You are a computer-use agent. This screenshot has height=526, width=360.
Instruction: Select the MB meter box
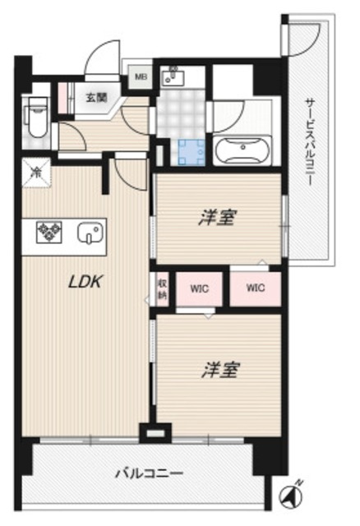tap(141, 80)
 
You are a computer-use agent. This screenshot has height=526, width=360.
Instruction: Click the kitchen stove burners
tap(48, 233)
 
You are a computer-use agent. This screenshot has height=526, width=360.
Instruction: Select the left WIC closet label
tap(200, 289)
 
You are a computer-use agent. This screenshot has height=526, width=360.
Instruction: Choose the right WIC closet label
tap(254, 288)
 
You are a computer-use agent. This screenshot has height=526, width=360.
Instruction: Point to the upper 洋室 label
tap(219, 219)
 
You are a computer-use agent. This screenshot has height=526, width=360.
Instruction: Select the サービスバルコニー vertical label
tap(310, 140)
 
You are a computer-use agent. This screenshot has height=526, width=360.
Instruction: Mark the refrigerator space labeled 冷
tap(36, 173)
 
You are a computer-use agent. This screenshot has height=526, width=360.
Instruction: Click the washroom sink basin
tap(173, 79)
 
